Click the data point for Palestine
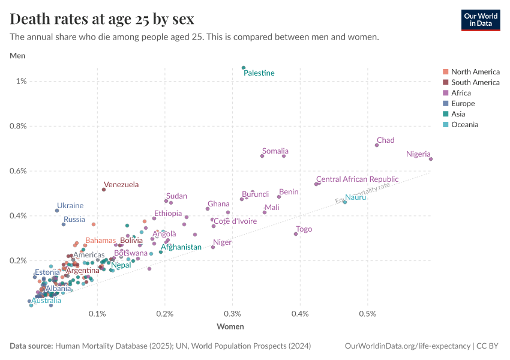244,68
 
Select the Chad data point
377,145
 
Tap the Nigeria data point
431,159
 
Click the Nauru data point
345,202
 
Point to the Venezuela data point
104,190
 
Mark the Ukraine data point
57,211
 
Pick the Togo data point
296,234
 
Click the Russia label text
74,220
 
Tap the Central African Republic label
357,179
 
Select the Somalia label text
275,151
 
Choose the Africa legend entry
461,93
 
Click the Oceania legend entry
464,125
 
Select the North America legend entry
475,71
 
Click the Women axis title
230,326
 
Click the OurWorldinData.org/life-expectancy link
408,346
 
